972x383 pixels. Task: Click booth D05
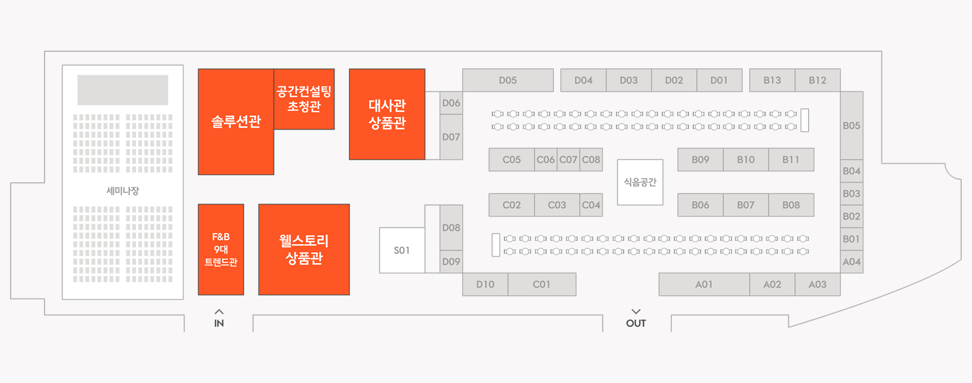click(508, 80)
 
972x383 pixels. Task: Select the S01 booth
click(402, 250)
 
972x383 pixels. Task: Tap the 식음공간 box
click(640, 182)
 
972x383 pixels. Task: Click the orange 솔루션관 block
click(236, 122)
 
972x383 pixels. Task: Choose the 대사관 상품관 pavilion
click(387, 114)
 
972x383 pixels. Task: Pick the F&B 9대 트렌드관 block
click(221, 249)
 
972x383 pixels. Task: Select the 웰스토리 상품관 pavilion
click(304, 249)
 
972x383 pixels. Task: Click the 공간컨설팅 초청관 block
click(304, 99)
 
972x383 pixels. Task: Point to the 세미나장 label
click(123, 191)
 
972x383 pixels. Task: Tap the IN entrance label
click(219, 323)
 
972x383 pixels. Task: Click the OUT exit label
click(636, 323)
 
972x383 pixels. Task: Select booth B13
click(772, 80)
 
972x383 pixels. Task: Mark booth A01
click(704, 284)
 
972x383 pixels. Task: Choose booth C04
click(591, 205)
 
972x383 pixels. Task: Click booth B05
click(852, 126)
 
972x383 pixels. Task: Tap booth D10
click(485, 284)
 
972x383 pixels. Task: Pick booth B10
click(746, 160)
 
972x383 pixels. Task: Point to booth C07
click(568, 160)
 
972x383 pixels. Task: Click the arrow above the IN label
click(219, 312)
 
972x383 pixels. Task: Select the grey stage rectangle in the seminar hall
click(123, 90)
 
